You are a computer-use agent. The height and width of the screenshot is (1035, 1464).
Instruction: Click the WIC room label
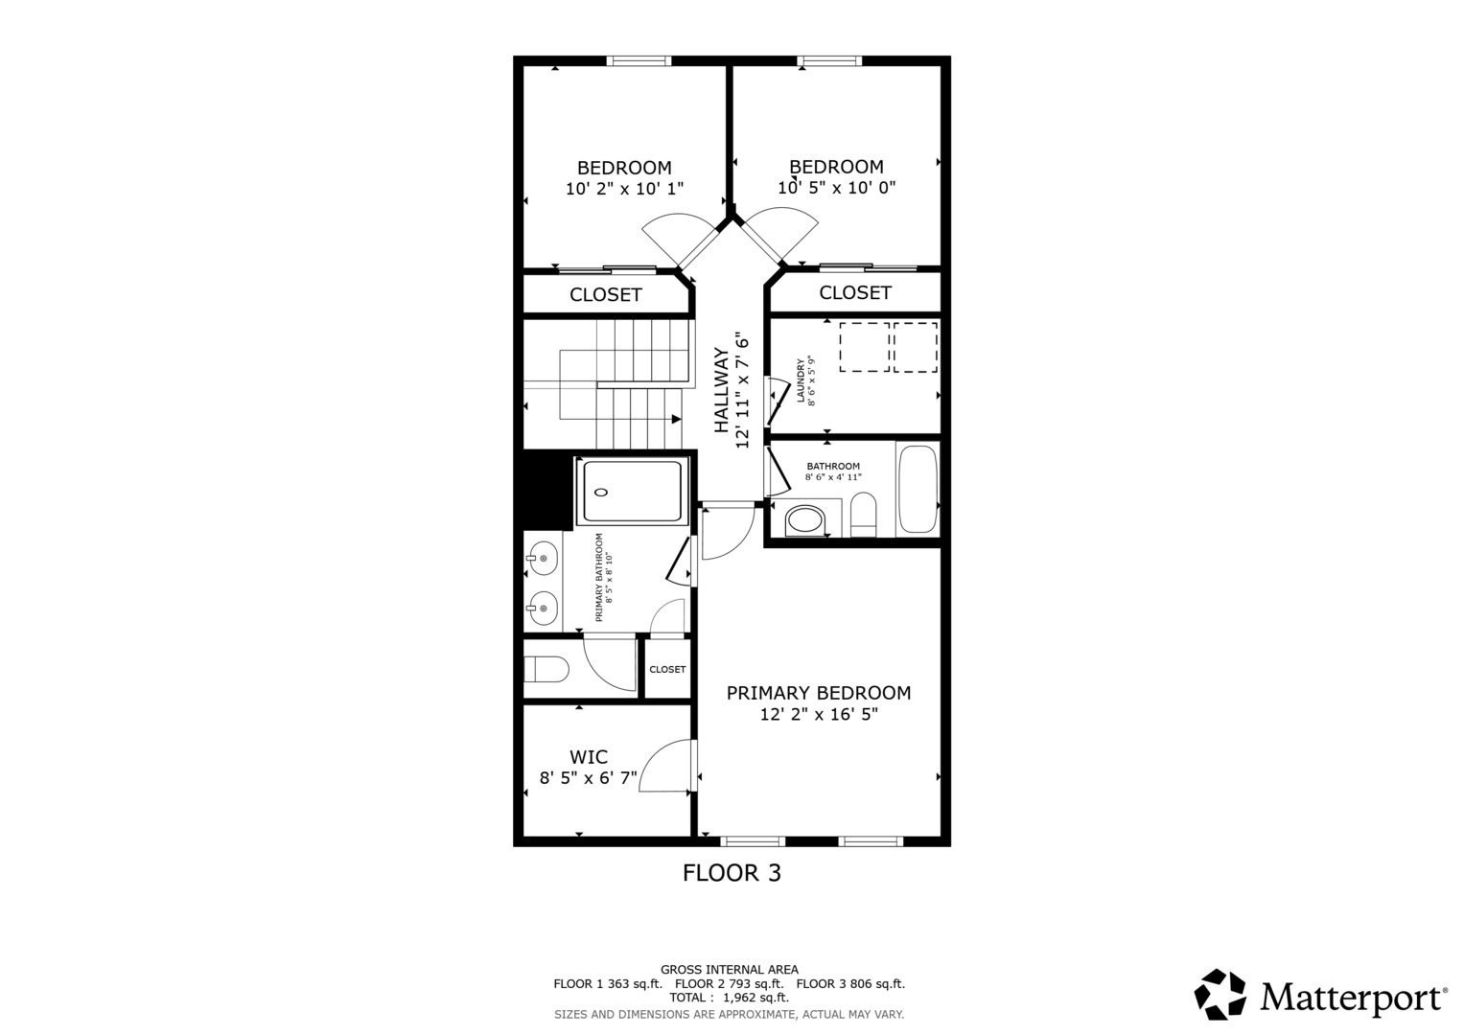(589, 757)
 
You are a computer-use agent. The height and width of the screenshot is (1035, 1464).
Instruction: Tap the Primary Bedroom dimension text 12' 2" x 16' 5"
(818, 714)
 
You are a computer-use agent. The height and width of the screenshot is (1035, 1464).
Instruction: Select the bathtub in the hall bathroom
(918, 490)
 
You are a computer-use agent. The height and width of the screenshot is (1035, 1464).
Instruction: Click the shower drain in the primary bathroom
(600, 492)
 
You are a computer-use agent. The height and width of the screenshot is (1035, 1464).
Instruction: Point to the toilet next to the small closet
(546, 669)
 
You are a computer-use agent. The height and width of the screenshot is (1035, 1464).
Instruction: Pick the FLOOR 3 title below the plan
(732, 873)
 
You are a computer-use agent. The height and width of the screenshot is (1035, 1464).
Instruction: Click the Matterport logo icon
(1220, 994)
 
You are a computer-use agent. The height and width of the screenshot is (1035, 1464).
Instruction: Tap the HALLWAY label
(721, 390)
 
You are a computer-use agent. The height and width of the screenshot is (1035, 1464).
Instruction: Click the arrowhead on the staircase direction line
(677, 419)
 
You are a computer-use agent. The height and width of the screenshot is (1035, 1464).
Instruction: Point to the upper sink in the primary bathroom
(542, 559)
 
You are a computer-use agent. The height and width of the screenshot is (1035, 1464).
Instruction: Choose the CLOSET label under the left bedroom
(605, 295)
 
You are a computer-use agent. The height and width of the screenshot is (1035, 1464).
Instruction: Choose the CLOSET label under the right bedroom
(855, 292)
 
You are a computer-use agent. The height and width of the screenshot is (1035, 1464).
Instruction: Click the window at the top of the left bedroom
(639, 60)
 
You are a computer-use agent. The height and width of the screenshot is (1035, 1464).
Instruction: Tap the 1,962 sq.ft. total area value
(755, 998)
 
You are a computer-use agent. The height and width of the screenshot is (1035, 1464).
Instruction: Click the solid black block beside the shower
(547, 490)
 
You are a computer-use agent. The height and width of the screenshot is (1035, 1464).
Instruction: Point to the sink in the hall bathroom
(805, 520)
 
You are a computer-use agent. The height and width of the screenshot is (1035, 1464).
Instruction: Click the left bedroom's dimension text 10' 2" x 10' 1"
(624, 189)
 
